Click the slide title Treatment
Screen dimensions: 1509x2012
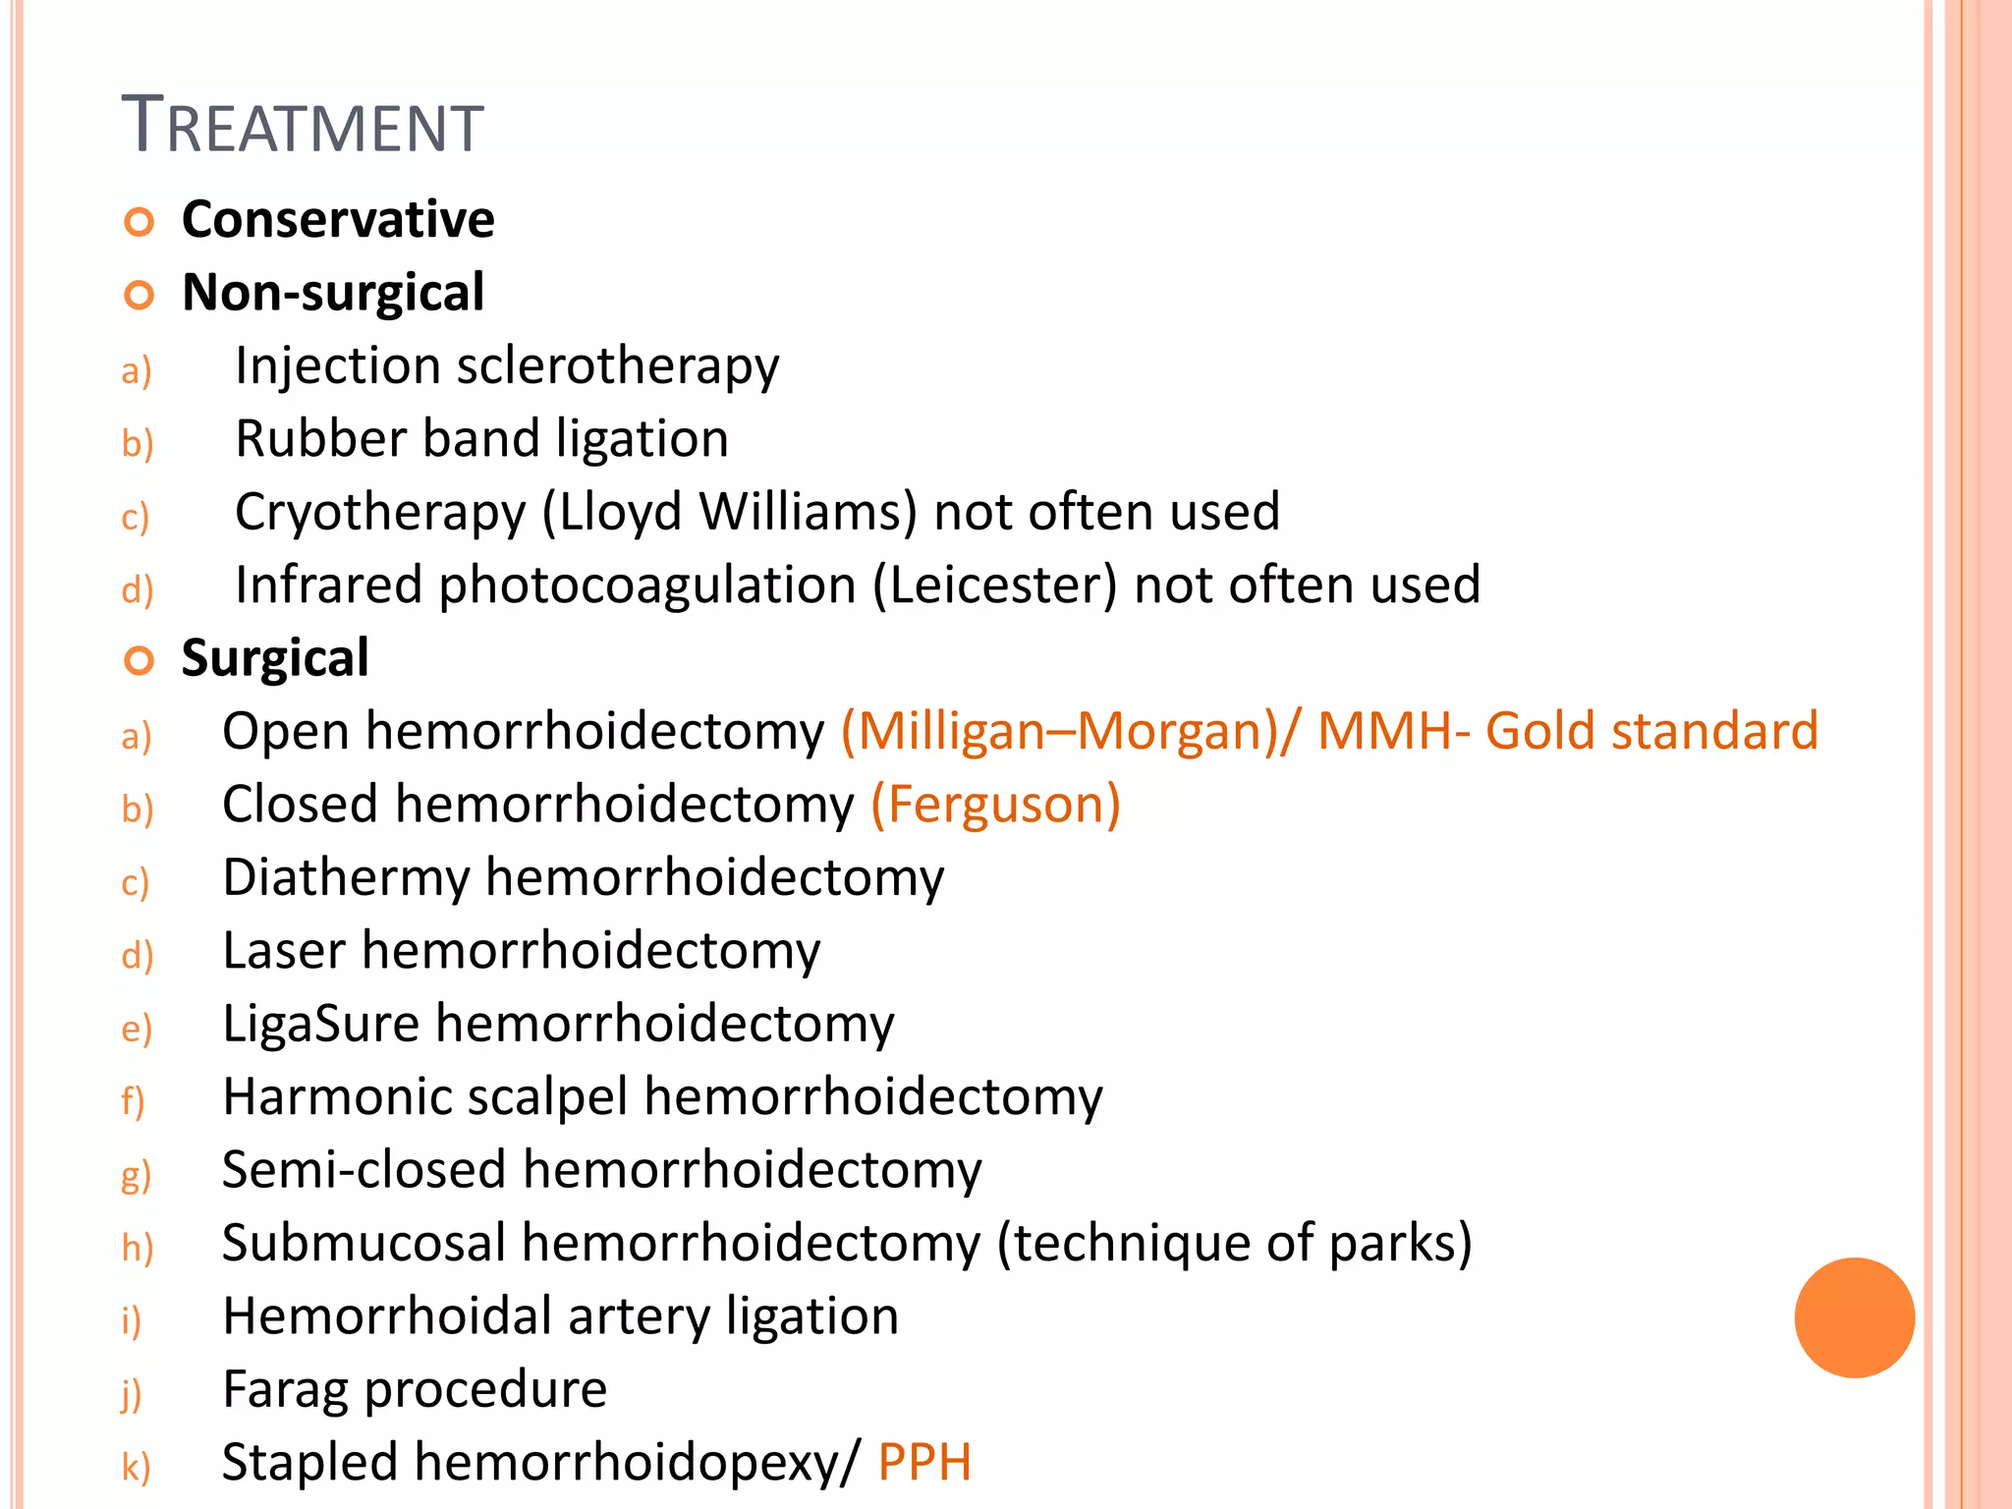[303, 126]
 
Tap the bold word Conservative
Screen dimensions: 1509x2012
[338, 219]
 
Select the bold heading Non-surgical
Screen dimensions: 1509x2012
[333, 293]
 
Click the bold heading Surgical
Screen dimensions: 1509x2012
[275, 658]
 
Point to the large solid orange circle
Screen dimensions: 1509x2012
[1854, 1317]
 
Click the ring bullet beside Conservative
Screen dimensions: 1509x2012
[140, 223]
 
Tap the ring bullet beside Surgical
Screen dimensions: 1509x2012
[140, 661]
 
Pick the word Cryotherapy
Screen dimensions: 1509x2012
[380, 513]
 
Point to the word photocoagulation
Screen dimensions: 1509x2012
[647, 586]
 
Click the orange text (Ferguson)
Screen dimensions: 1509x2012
[995, 805]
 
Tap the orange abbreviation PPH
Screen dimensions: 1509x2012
[923, 1462]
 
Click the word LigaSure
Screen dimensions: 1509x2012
[321, 1024]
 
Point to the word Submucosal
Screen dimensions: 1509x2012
[363, 1243]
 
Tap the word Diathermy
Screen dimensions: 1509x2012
[346, 878]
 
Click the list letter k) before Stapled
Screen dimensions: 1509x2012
[136, 1467]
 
